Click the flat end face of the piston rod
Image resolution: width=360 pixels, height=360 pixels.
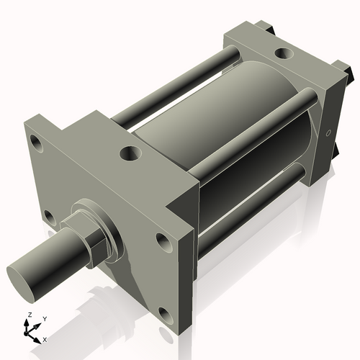tap(24, 279)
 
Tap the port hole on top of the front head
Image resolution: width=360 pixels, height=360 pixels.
tap(131, 153)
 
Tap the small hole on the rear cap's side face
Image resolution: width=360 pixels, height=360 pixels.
tap(330, 133)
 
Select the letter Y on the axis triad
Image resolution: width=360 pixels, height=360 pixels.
tap(44, 318)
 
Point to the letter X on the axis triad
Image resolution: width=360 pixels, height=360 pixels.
tap(45, 338)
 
